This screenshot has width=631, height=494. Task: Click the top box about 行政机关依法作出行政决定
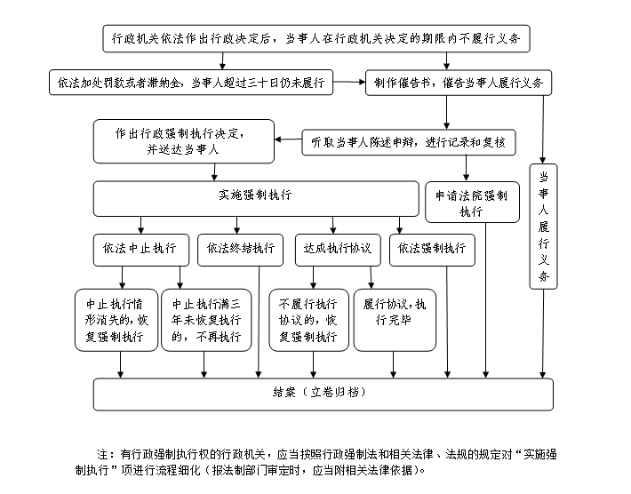pos(315,38)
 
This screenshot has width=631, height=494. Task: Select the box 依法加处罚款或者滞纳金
pos(191,83)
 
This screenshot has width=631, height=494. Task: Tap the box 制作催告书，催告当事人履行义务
pos(459,83)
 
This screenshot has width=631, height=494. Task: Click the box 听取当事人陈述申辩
pos(409,142)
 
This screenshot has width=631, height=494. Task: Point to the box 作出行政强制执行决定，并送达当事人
pos(183,141)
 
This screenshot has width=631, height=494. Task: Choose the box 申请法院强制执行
pos(472,202)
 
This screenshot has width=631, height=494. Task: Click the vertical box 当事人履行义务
pos(543,227)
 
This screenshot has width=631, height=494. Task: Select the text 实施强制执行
pos(255,195)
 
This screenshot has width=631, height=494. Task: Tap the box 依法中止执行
pos(140,250)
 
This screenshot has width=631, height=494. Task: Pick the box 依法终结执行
pos(240,250)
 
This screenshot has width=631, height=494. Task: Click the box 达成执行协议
pos(338,250)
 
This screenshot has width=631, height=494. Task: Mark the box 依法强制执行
pos(432,250)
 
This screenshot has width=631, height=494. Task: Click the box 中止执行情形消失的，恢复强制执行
pos(116,320)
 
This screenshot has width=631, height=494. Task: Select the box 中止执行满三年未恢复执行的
pos(206,320)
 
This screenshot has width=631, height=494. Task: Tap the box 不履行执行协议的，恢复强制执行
pos(308,320)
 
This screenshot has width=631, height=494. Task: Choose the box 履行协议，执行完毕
pos(395,320)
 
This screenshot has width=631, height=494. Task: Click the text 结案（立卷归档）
pos(319,392)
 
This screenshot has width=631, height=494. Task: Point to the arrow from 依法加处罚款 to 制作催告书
pos(349,82)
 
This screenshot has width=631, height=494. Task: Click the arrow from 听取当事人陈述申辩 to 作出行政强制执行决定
pos(288,139)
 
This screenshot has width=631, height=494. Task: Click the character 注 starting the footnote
pos(102,455)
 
